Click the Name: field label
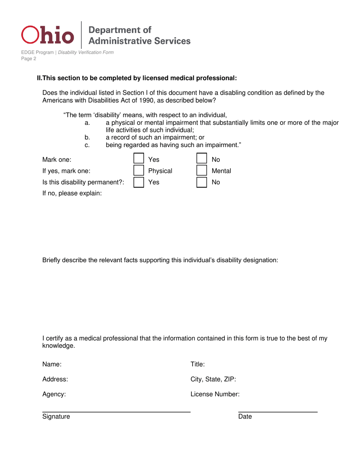(52, 364)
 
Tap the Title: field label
(197, 364)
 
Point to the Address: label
(55, 379)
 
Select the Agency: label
(54, 394)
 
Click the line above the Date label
(277, 412)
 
